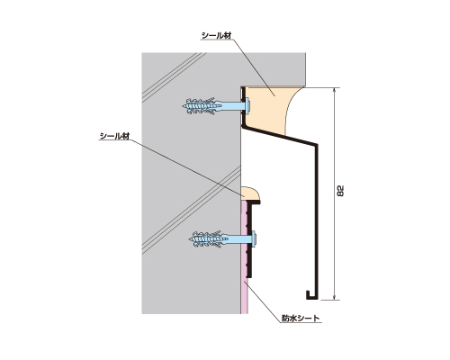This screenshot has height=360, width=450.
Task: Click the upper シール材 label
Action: click(216, 35)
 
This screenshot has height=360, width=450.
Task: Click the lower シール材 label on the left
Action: click(114, 136)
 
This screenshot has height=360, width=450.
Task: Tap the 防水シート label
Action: click(301, 319)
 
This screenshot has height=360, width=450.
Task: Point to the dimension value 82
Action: click(341, 191)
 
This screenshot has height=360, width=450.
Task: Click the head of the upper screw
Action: click(247, 105)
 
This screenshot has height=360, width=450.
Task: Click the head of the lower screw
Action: click(255, 238)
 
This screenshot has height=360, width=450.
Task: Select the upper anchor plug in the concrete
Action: click(202, 105)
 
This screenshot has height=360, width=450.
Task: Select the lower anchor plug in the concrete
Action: click(209, 238)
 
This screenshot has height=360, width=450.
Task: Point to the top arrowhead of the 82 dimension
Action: click(335, 90)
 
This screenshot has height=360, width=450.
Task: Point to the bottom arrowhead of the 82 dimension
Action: click(335, 297)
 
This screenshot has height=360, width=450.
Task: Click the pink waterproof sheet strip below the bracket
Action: click(244, 296)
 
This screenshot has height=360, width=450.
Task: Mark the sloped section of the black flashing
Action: click(279, 136)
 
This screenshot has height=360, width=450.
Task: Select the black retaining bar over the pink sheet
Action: click(249, 239)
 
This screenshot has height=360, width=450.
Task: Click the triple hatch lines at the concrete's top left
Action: click(174, 77)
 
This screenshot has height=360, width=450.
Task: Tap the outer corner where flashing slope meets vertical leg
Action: click(318, 144)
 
